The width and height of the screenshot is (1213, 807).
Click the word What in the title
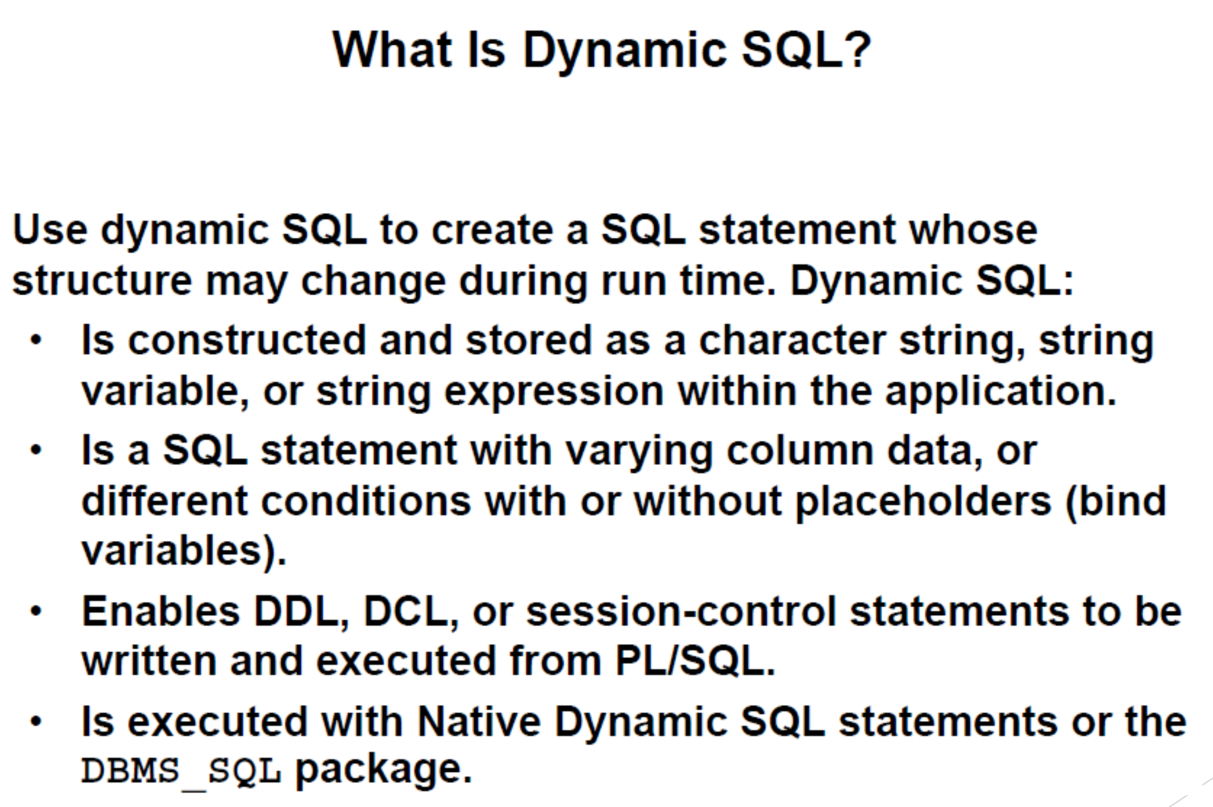pos(392,50)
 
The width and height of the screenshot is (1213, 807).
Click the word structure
pos(102,280)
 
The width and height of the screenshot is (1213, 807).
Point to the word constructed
pos(247,340)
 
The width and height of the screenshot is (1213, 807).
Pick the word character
pos(792,340)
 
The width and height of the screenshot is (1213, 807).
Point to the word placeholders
pos(923,501)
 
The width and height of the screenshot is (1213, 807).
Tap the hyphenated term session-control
pos(681,612)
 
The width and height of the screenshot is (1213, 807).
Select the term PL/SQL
pos(695,661)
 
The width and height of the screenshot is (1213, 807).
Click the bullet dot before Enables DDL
pos(36,611)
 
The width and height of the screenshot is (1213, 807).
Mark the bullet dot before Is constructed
pos(36,340)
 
